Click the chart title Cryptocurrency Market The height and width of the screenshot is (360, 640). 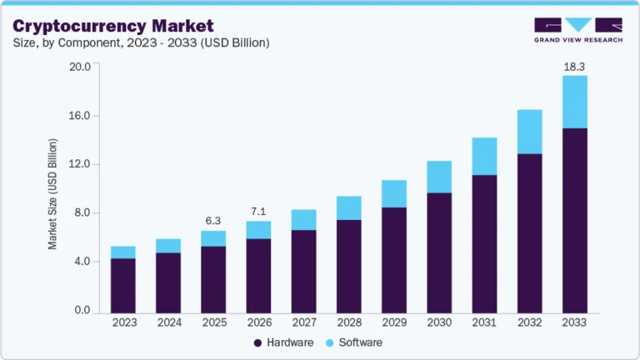coord(112,26)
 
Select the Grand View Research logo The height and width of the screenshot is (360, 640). coord(577,29)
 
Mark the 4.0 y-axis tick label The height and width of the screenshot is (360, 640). coord(82,262)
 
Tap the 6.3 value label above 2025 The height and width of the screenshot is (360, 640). coord(213,220)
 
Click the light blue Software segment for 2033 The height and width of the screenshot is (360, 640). coord(575,102)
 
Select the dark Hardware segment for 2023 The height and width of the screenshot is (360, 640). coord(122,285)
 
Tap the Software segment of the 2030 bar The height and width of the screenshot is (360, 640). coord(439,177)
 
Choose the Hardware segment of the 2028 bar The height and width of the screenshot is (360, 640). coord(348,266)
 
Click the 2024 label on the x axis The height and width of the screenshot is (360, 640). coord(168,322)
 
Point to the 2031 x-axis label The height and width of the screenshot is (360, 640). coord(484,322)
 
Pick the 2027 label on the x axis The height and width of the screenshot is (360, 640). coord(304,322)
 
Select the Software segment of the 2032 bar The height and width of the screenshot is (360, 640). coord(530,132)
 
